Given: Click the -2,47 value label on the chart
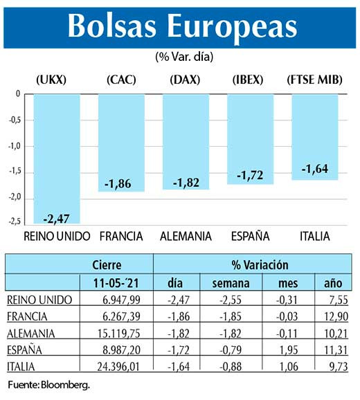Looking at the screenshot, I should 57,219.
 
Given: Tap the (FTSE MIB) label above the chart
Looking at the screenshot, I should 314,80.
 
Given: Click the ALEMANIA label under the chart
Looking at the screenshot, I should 186,236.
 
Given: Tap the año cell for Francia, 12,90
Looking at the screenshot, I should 328,316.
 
